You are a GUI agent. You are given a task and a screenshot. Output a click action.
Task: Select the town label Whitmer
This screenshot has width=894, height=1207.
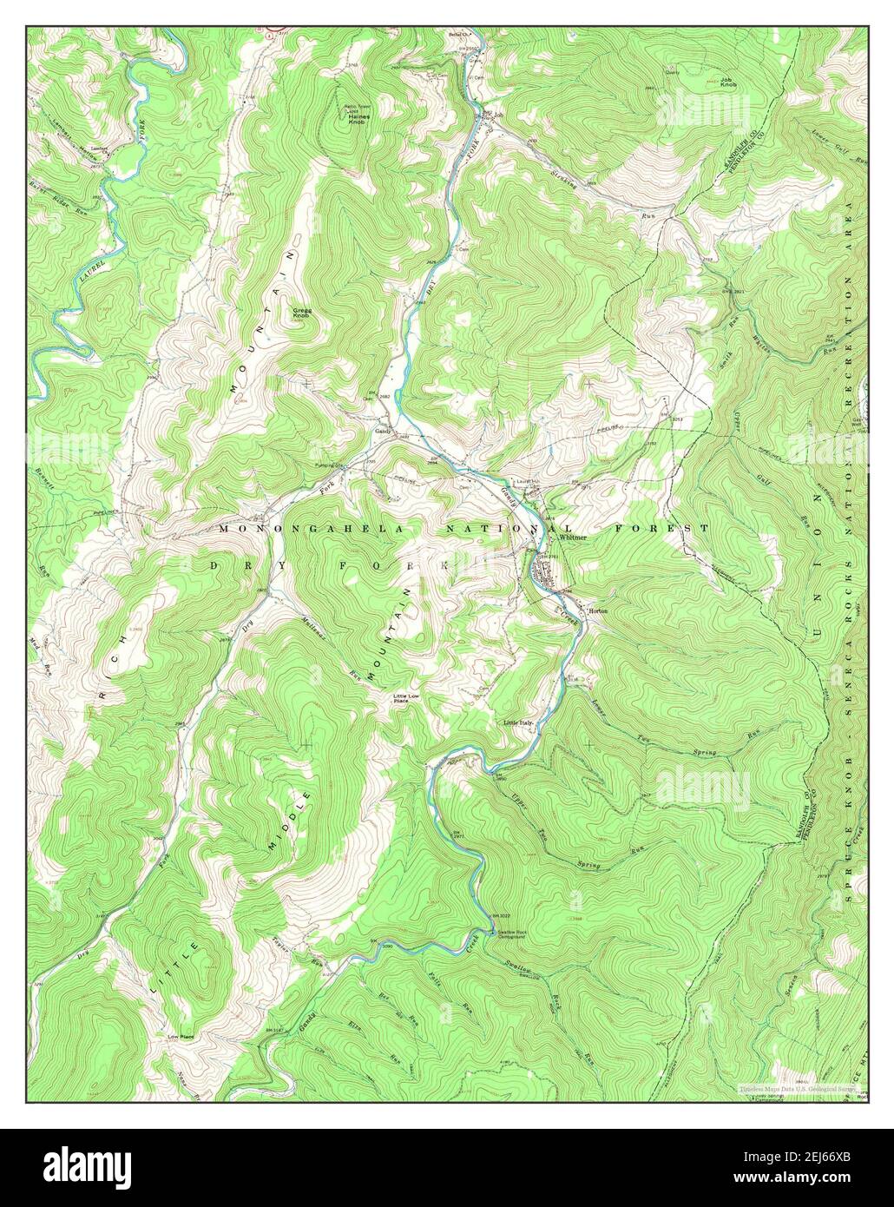coord(573,538)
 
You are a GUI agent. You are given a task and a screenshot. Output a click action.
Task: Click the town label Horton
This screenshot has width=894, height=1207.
coord(598,611)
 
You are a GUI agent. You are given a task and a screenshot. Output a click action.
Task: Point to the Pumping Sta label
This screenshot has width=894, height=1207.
coord(331,465)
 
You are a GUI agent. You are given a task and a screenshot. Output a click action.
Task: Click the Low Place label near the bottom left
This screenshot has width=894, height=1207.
coord(180,1037)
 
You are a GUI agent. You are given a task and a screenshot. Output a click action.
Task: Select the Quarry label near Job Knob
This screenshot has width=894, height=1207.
coord(672,73)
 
